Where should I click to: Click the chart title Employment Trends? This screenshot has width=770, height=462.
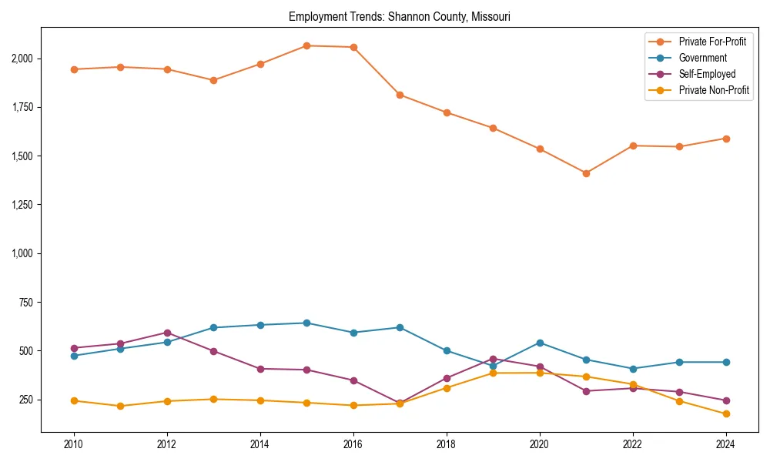[x=399, y=16]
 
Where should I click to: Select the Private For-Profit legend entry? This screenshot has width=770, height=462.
[x=711, y=42]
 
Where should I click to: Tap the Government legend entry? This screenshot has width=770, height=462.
[x=702, y=58]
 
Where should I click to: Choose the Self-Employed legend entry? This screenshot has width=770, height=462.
[x=707, y=74]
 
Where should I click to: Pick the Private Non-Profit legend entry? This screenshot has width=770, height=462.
[x=714, y=90]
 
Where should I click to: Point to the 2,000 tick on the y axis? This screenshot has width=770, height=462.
[x=22, y=59]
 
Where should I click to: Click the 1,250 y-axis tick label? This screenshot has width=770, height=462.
[x=22, y=205]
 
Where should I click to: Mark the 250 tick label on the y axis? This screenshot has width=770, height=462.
[x=27, y=400]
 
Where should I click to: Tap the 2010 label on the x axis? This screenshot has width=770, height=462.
[x=74, y=444]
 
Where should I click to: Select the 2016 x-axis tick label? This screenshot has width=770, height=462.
[x=353, y=444]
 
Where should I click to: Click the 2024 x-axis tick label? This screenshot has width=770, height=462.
[x=725, y=444]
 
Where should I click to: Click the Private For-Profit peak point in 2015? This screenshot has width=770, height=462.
[x=306, y=45]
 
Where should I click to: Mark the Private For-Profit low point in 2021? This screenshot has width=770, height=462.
[x=586, y=173]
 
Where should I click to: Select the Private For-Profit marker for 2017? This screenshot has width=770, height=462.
[x=400, y=95]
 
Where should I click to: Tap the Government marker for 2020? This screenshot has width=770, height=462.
[x=540, y=343]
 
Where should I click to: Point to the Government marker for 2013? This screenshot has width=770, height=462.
[x=213, y=328]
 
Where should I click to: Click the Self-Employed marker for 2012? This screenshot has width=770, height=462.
[x=167, y=333]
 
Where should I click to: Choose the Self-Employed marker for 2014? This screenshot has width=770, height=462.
[x=260, y=369]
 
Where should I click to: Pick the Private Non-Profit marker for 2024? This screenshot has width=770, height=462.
[x=725, y=414]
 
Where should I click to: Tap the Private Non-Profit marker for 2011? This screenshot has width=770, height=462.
[x=121, y=406]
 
